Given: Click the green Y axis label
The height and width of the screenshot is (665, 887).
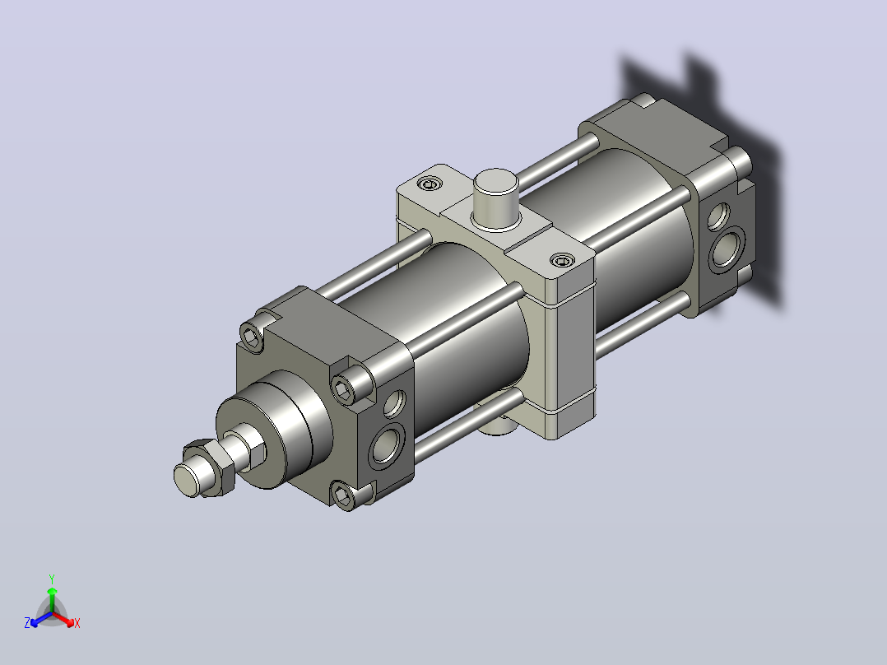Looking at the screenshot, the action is point(52,579).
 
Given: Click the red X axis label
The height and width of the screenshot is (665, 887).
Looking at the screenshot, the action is point(77,623).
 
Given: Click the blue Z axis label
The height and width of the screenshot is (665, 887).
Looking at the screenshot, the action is point(27,623).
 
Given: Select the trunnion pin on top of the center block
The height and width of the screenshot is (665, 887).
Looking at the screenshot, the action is point(496,198).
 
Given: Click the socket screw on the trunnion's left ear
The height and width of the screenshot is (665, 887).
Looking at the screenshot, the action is point(430,184).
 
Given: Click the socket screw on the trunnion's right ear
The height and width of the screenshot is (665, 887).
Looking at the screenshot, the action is point(562,260).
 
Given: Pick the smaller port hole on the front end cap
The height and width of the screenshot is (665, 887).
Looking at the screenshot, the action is point(395,403).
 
